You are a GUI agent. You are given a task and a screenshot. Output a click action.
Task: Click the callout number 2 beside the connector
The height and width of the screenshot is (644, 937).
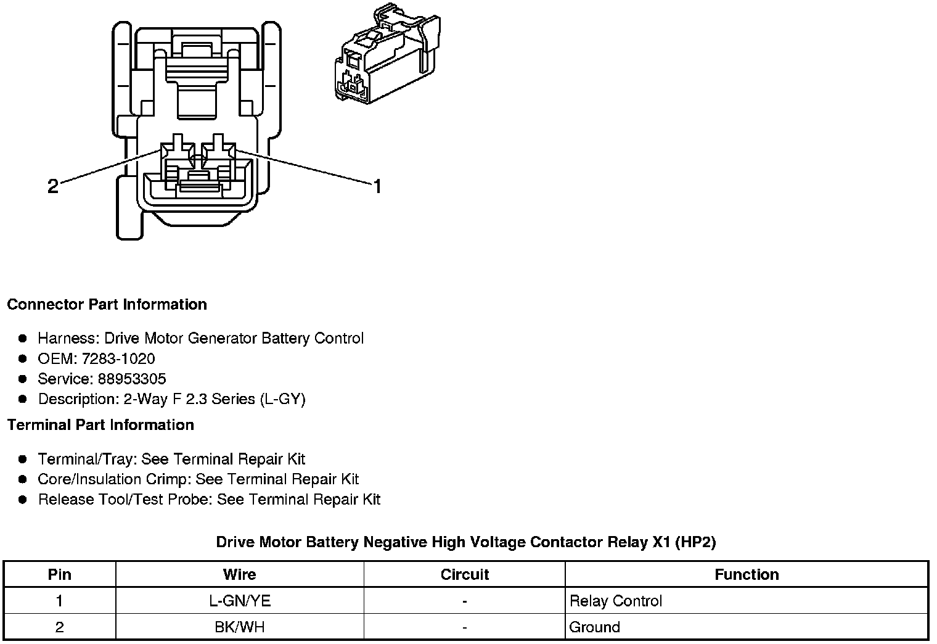pyautogui.click(x=53, y=186)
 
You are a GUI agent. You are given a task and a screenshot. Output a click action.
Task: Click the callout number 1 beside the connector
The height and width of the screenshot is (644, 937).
pyautogui.click(x=377, y=186)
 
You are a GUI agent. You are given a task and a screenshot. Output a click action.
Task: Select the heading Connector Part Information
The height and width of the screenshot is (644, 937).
pyautogui.click(x=107, y=305)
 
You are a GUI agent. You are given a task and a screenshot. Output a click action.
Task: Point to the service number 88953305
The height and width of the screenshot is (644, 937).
pyautogui.click(x=132, y=379)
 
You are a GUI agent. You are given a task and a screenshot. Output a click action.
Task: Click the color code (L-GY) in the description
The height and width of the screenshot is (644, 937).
pyautogui.click(x=283, y=399)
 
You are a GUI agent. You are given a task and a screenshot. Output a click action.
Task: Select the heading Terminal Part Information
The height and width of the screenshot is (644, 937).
pyautogui.click(x=100, y=425)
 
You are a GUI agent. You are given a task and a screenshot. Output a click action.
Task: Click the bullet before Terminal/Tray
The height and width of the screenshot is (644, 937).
pyautogui.click(x=23, y=460)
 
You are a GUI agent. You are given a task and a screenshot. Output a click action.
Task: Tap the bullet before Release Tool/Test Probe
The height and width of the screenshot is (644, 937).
pyautogui.click(x=23, y=500)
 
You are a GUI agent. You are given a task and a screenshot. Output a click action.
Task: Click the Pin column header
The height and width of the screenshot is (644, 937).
pyautogui.click(x=60, y=575)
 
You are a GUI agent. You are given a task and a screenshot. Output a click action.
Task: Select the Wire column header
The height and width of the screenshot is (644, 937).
pyautogui.click(x=239, y=575)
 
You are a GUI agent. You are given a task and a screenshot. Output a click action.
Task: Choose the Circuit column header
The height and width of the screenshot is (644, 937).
pyautogui.click(x=464, y=575)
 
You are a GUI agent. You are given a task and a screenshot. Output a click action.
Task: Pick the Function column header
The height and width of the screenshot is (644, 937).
pyautogui.click(x=747, y=575)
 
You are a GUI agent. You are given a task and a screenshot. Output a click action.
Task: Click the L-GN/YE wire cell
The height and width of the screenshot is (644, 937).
pyautogui.click(x=240, y=601)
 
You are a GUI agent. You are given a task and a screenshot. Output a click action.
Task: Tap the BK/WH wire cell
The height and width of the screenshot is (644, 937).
pyautogui.click(x=240, y=627)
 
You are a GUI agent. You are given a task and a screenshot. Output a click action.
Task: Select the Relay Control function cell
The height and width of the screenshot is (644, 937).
pyautogui.click(x=615, y=601)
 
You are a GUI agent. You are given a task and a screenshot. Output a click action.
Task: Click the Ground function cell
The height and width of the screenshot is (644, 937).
pyautogui.click(x=594, y=627)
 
